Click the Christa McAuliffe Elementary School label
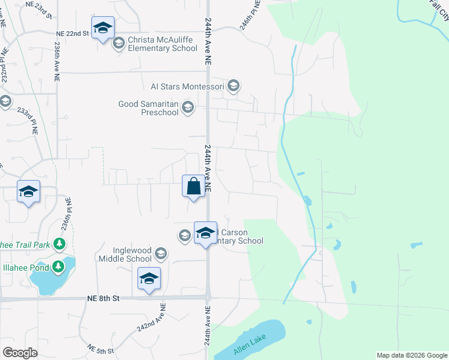162,44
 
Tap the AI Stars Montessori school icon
234,86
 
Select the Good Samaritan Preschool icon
187,108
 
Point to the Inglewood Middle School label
125,254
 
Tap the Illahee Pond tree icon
58,266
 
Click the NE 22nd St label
73,34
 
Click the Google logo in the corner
20,353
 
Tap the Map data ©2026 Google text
412,355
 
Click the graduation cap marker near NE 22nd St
103,28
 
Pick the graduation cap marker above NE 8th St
149,279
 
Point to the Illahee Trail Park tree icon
58,244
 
